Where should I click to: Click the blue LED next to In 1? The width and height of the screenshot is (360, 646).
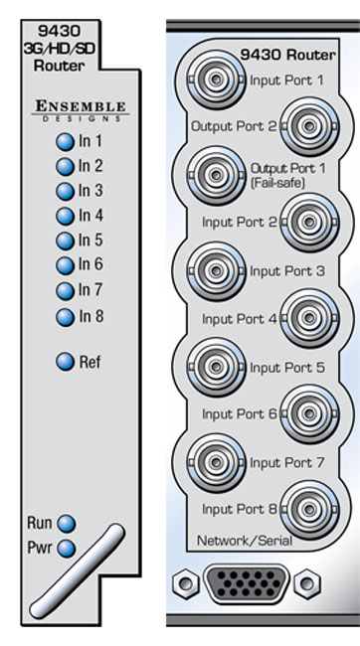[65, 142]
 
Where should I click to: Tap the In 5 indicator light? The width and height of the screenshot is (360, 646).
[65, 242]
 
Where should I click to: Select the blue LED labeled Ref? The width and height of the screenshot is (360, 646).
[65, 362]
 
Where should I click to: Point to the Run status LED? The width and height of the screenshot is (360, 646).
[67, 524]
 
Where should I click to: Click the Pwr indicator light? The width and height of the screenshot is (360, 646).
[67, 549]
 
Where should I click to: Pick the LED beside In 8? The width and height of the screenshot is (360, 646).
[65, 317]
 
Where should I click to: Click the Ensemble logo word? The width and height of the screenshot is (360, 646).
[81, 106]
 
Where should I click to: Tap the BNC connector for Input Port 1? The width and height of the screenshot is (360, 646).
[215, 80]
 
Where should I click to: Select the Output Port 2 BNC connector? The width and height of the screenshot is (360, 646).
[309, 126]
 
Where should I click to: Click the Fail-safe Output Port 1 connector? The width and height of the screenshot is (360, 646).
[215, 175]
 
